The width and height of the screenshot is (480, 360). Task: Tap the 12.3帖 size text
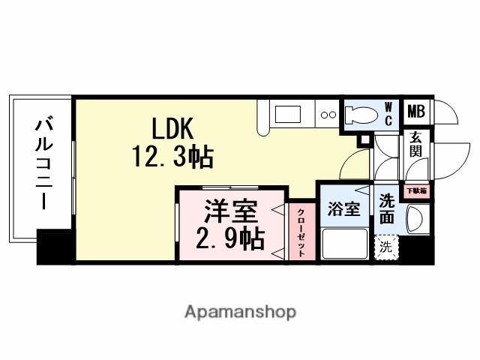pos(174,157)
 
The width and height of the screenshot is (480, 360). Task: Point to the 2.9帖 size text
pos(230,239)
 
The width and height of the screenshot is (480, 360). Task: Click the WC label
pos(388,113)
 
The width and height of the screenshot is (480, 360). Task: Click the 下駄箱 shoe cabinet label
pos(416,191)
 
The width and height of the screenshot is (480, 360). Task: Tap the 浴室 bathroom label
pos(344,209)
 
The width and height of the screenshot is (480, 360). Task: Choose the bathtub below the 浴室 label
pos(344,243)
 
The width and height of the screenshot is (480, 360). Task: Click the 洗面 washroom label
pos(387,208)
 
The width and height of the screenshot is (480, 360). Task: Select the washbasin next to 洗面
pos(415,220)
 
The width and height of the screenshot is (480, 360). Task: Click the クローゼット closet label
pos(301,232)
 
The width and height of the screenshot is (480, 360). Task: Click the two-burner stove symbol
pos(328,115)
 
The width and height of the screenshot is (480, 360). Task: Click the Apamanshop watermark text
pos(240,311)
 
